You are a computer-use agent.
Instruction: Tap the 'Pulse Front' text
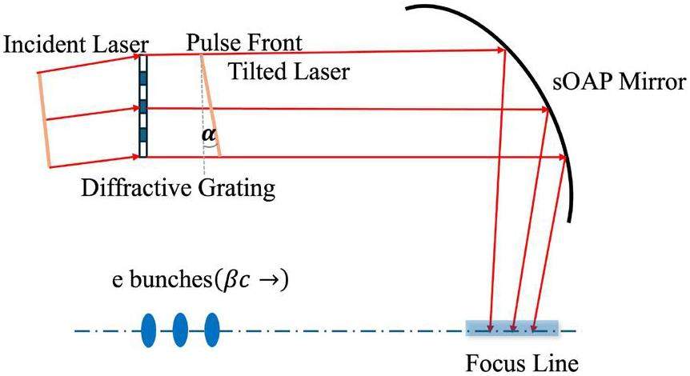tap(244, 41)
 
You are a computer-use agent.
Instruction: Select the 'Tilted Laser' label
tap(289, 72)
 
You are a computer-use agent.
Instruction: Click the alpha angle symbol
tap(208, 136)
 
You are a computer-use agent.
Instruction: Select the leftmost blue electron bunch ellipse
tap(149, 330)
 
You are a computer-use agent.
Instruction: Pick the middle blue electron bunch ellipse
tap(180, 330)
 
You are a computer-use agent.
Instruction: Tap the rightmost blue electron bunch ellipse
tap(211, 330)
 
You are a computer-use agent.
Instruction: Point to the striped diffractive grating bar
tap(143, 106)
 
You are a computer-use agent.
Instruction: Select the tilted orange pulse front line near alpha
tap(210, 108)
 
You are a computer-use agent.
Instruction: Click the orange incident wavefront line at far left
tap(44, 120)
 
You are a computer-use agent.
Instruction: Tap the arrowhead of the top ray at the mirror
tap(502, 54)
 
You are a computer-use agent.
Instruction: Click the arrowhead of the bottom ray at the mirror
tap(562, 158)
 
